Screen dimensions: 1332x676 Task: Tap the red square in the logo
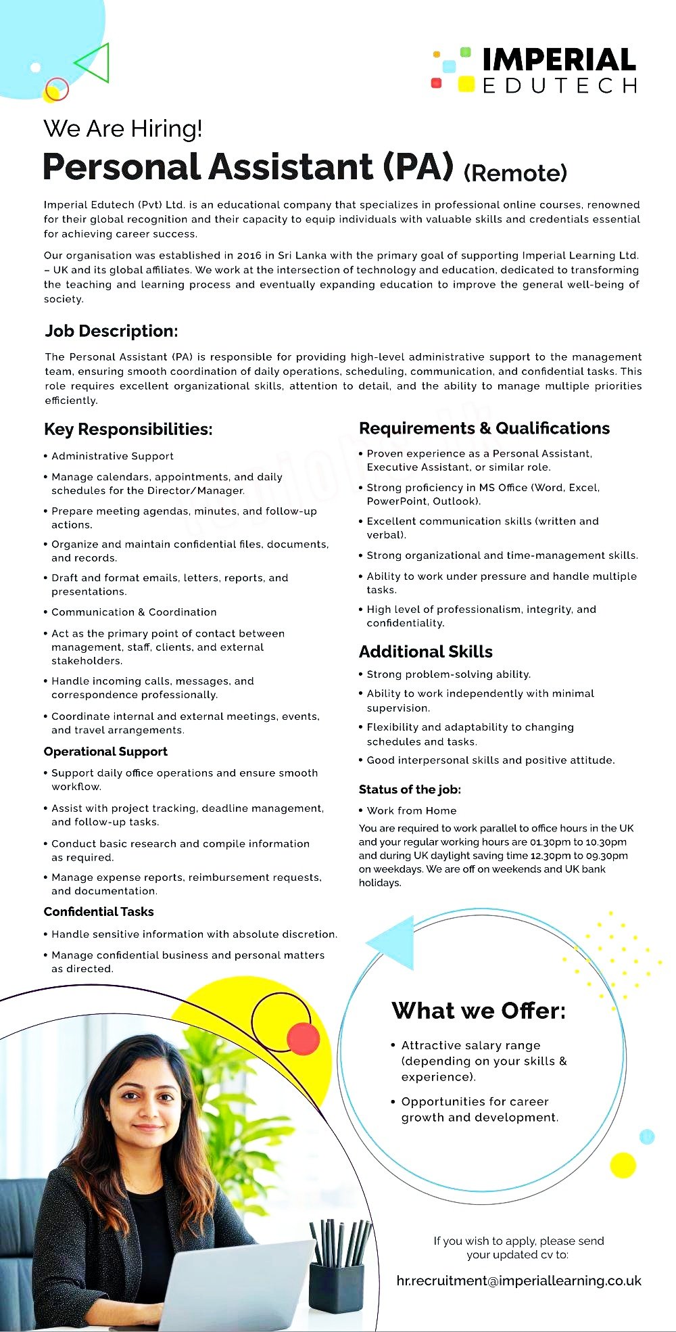(x=436, y=83)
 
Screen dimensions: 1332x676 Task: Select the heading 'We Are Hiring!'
(x=122, y=129)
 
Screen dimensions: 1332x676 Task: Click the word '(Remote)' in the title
(x=515, y=173)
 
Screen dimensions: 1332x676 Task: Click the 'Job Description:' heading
(x=112, y=331)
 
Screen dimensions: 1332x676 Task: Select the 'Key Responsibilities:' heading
(x=128, y=429)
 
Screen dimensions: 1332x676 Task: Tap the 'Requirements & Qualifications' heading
(x=484, y=428)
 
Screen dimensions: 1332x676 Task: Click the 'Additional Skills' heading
(x=426, y=651)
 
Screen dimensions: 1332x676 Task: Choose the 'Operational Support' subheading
(x=105, y=752)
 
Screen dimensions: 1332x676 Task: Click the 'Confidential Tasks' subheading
(x=99, y=912)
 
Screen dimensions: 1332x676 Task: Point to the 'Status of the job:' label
(x=410, y=789)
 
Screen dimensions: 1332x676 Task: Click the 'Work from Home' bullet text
(x=412, y=810)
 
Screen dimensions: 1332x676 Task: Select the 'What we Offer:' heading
(x=479, y=1011)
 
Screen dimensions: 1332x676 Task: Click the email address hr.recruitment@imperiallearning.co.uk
(x=519, y=1281)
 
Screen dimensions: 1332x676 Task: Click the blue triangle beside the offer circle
(x=393, y=942)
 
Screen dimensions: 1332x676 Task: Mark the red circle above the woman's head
(x=303, y=1038)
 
